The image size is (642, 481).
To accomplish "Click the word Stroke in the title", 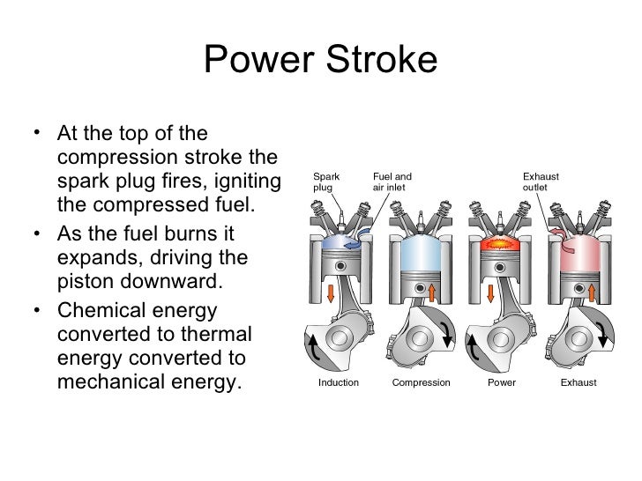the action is click(384, 62).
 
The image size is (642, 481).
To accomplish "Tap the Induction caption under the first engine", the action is click(338, 383).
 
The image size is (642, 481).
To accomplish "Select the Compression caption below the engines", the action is click(421, 383).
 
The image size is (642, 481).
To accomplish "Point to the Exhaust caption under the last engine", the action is click(579, 383).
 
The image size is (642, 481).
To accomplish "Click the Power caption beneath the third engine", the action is click(501, 383).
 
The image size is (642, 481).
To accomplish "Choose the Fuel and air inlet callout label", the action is click(392, 181).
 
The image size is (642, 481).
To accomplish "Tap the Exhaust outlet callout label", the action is click(541, 181).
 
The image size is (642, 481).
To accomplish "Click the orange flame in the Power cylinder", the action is click(499, 238).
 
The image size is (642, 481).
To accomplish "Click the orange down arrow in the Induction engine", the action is click(331, 294).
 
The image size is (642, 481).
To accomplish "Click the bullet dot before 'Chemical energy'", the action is click(34, 313).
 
